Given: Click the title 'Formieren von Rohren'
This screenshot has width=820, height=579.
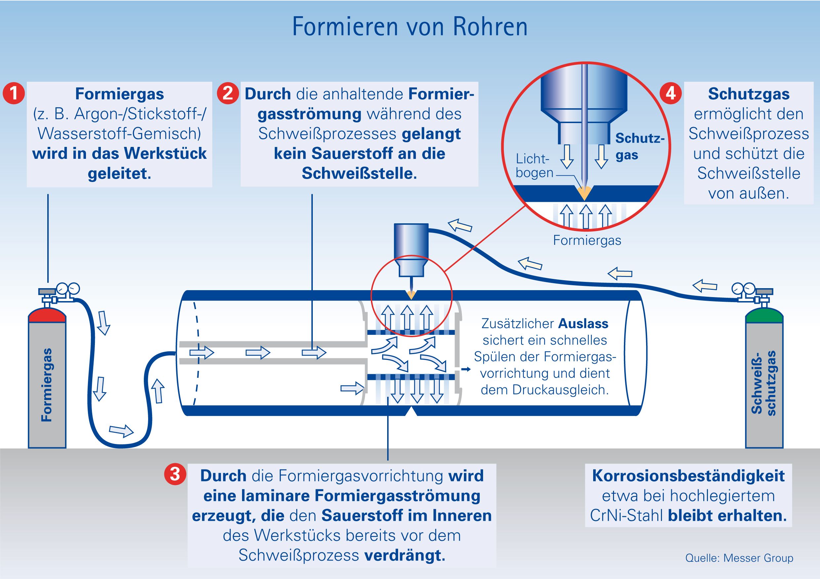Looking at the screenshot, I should [410, 27].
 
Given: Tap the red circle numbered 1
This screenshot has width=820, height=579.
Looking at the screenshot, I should [14, 94].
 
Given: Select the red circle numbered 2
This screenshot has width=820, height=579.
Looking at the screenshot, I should [228, 94].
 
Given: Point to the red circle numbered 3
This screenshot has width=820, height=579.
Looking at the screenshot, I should [175, 475].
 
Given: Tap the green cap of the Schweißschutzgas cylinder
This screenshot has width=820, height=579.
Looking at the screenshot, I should [764, 316].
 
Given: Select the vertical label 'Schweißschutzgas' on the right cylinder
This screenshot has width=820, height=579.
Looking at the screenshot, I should [764, 382].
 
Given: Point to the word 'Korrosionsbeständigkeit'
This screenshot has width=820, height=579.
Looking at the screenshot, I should [688, 476].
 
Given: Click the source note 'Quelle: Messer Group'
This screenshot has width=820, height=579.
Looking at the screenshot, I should [739, 558].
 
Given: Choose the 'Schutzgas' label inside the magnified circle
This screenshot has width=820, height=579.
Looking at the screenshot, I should [639, 147].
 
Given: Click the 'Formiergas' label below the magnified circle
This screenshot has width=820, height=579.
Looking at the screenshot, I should [587, 241].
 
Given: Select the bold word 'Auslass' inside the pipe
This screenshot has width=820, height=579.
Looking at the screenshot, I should [583, 324].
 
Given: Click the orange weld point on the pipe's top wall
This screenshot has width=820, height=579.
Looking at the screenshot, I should [411, 295].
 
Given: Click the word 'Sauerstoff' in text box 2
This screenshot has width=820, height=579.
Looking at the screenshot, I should [349, 154].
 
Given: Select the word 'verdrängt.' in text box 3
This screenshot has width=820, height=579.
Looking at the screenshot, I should [405, 556].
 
